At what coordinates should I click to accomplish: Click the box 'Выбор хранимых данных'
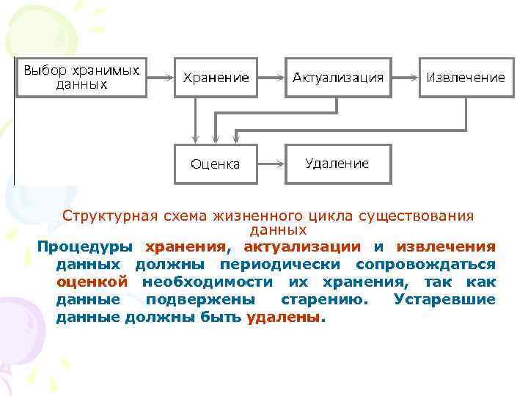pos(81,77)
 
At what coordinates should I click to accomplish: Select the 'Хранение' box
pos(216,77)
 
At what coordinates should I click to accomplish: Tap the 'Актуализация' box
pos(338,77)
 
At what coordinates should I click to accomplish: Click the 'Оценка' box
pos(216,164)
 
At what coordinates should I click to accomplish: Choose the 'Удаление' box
pos(338,163)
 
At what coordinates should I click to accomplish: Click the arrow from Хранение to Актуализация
pos(271,77)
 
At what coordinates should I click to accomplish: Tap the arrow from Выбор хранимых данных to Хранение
pos(159,77)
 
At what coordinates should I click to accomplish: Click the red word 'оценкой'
pos(92,282)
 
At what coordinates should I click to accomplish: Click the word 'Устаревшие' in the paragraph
pos(444,299)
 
